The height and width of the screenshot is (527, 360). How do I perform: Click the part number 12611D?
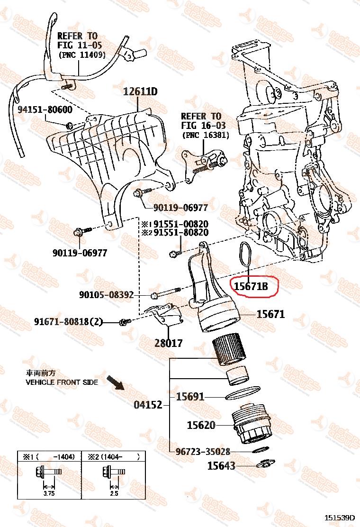pyautogui.click(x=140, y=91)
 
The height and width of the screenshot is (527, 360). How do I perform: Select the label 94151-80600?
pyautogui.click(x=45, y=110)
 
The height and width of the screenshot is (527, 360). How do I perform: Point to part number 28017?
pyautogui.click(x=168, y=343)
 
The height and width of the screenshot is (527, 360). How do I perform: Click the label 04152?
pyautogui.click(x=148, y=405)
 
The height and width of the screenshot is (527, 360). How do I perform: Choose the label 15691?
pyautogui.click(x=190, y=396)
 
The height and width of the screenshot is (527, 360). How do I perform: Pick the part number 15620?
pyautogui.click(x=201, y=425)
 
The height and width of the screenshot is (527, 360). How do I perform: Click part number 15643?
pyautogui.click(x=221, y=466)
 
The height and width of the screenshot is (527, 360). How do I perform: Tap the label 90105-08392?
pyautogui.click(x=106, y=295)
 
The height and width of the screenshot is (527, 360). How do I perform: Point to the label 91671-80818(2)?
pyautogui.click(x=68, y=322)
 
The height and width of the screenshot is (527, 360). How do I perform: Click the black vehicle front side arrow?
pyautogui.click(x=115, y=383)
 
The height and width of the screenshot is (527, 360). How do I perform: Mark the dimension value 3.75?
pyautogui.click(x=49, y=493)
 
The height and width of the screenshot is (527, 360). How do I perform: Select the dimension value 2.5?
pyautogui.click(x=114, y=493)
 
